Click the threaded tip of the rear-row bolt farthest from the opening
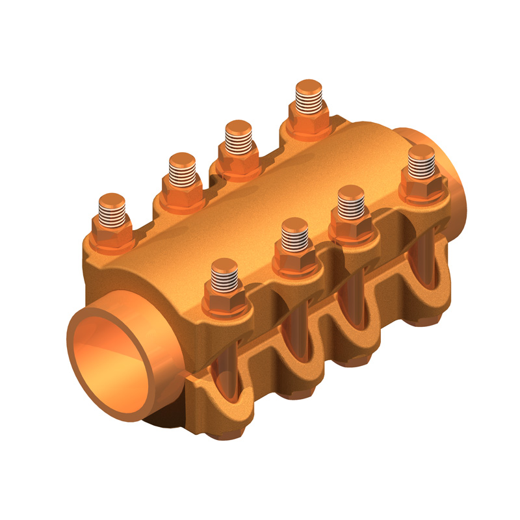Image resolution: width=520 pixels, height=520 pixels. click(308, 96)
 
